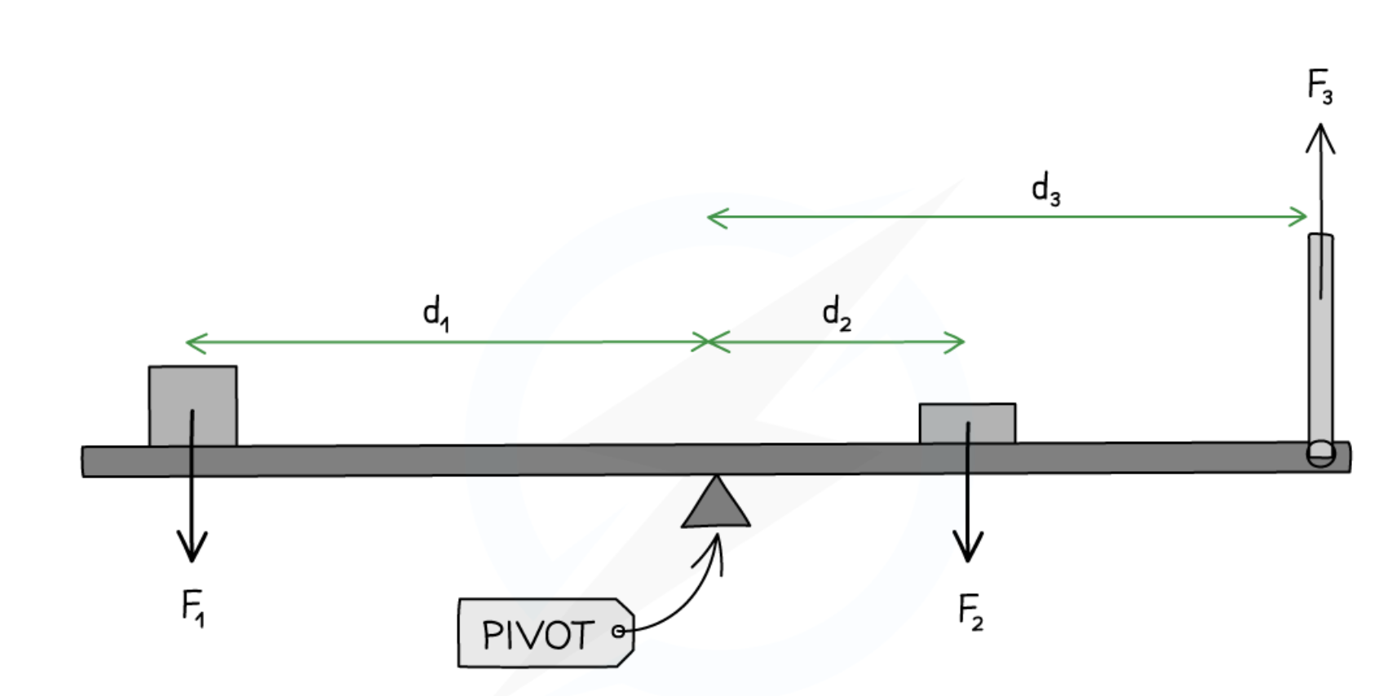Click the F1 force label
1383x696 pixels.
193,607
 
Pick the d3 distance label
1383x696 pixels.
1045,189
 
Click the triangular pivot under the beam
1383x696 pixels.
716,505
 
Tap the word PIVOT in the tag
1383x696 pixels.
537,635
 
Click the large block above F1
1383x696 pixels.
193,405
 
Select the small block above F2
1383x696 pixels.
967,423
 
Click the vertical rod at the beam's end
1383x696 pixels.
1321,342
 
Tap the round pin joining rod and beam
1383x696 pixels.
1321,453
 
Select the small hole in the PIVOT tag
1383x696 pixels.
618,631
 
